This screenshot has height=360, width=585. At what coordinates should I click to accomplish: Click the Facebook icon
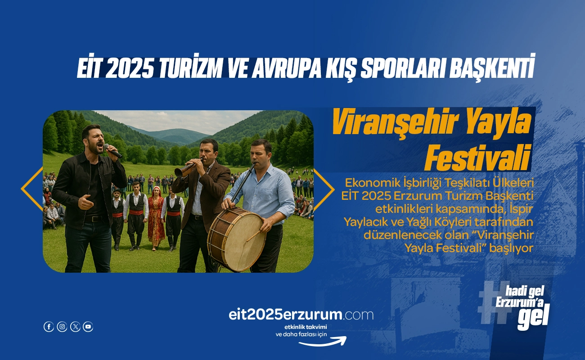49,327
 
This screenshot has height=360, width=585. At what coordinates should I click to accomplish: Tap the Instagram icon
62,327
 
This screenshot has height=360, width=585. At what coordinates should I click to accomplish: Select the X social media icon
75,327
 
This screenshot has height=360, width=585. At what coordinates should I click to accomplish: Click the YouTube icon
88,327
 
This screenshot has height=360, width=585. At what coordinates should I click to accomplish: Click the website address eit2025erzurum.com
301,315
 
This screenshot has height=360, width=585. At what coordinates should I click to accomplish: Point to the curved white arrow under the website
323,342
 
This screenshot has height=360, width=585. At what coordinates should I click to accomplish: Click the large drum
235,239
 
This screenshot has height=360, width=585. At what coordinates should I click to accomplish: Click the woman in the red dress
156,218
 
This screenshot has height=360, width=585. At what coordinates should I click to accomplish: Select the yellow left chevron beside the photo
31,189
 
